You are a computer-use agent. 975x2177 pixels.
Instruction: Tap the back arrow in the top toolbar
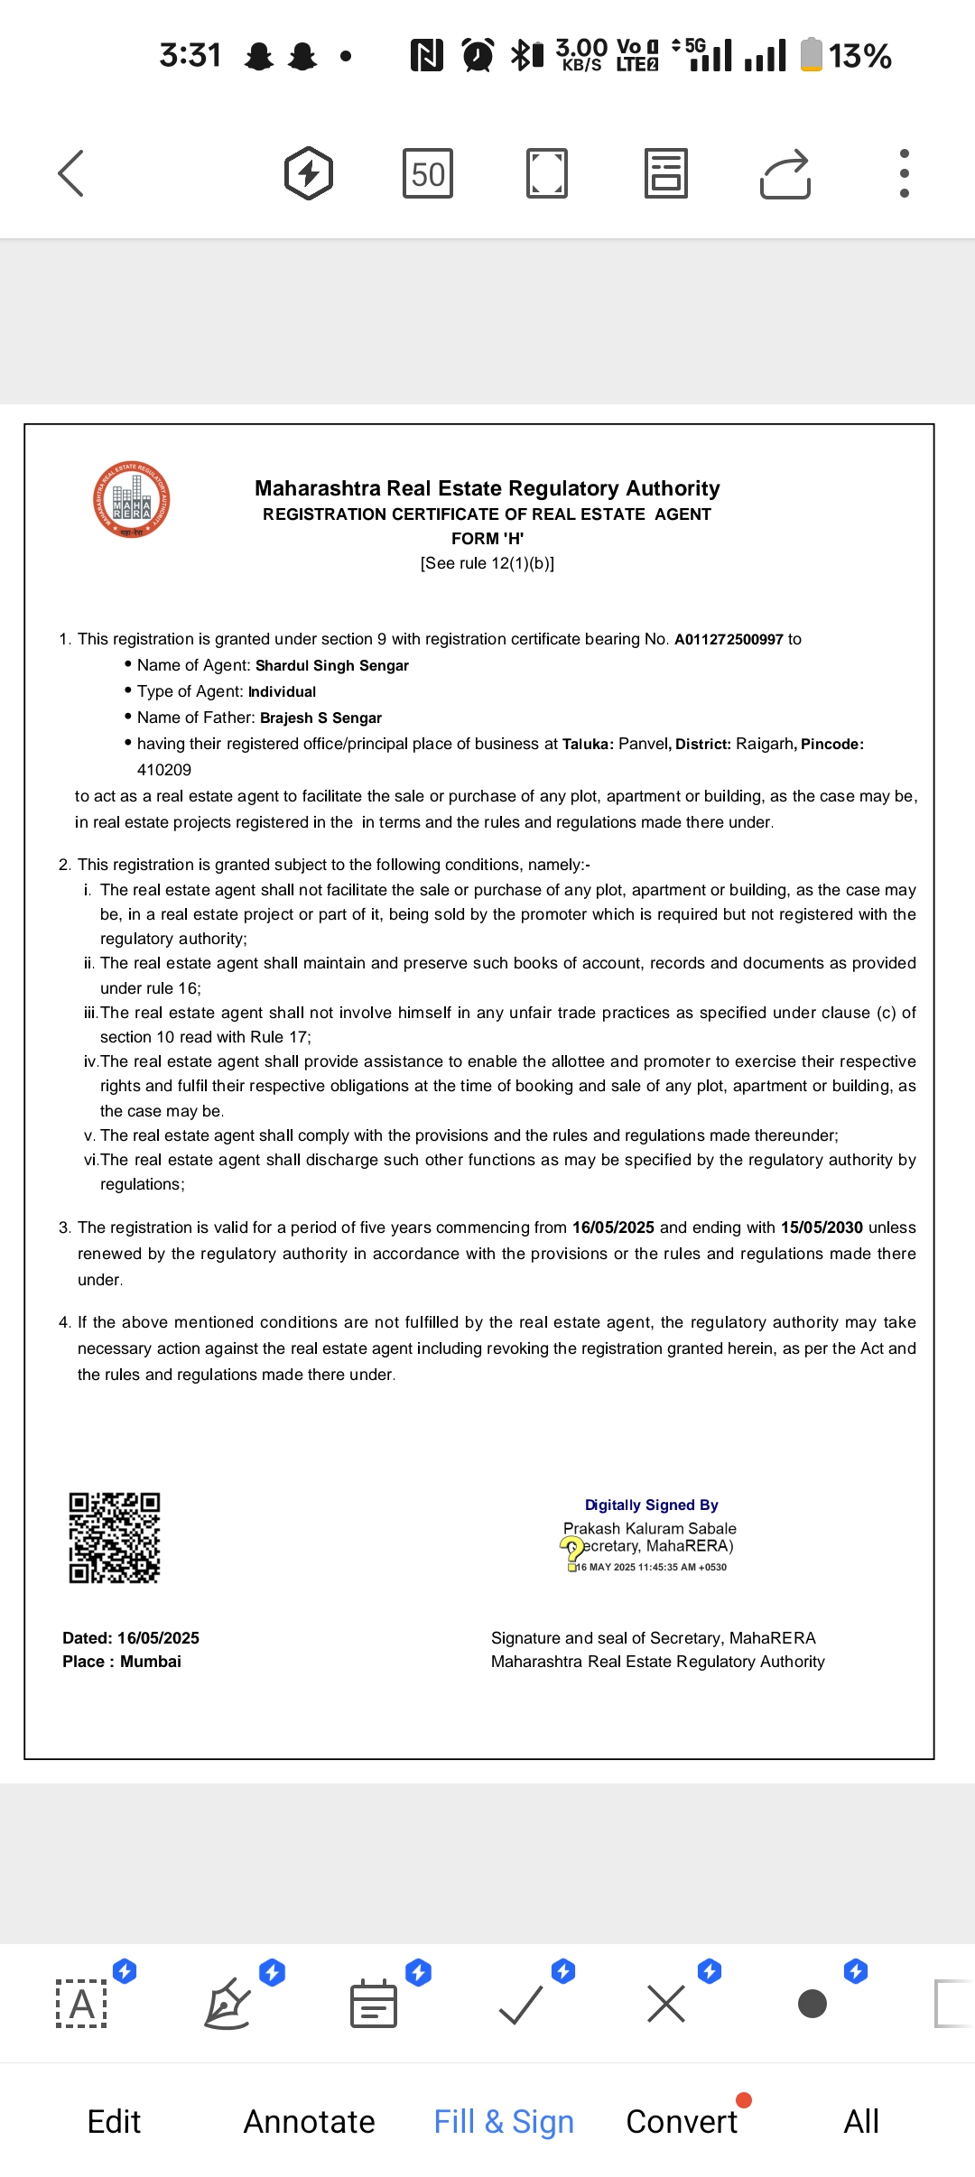(x=70, y=173)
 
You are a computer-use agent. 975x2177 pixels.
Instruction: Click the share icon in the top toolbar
(x=785, y=173)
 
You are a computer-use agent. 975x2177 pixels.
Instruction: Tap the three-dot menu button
(x=904, y=173)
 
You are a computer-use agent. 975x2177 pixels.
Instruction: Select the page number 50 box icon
(x=428, y=173)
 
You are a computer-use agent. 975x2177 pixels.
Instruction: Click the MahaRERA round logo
(x=132, y=500)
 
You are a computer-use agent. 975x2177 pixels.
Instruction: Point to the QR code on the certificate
(x=115, y=1538)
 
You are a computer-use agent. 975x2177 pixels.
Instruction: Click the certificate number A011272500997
(x=729, y=640)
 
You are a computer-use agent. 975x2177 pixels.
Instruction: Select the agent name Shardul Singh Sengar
(x=332, y=666)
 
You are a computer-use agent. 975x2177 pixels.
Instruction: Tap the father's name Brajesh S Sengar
(x=320, y=718)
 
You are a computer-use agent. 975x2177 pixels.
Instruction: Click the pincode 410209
(x=164, y=770)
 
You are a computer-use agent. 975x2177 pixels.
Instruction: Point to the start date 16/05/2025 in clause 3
(x=613, y=1227)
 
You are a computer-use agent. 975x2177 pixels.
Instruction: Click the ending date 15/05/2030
(x=822, y=1227)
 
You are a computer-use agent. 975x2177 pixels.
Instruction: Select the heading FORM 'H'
(x=487, y=539)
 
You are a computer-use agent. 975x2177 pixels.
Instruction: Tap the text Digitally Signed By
(x=651, y=1505)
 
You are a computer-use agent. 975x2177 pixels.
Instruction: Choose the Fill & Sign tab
(x=504, y=2121)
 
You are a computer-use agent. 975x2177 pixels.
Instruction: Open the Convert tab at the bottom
(x=682, y=2121)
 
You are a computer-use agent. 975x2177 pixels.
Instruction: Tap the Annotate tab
(x=309, y=2121)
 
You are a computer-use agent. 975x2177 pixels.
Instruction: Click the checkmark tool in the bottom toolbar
(x=521, y=2005)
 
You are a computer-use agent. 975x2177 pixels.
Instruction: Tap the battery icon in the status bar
(x=812, y=54)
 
